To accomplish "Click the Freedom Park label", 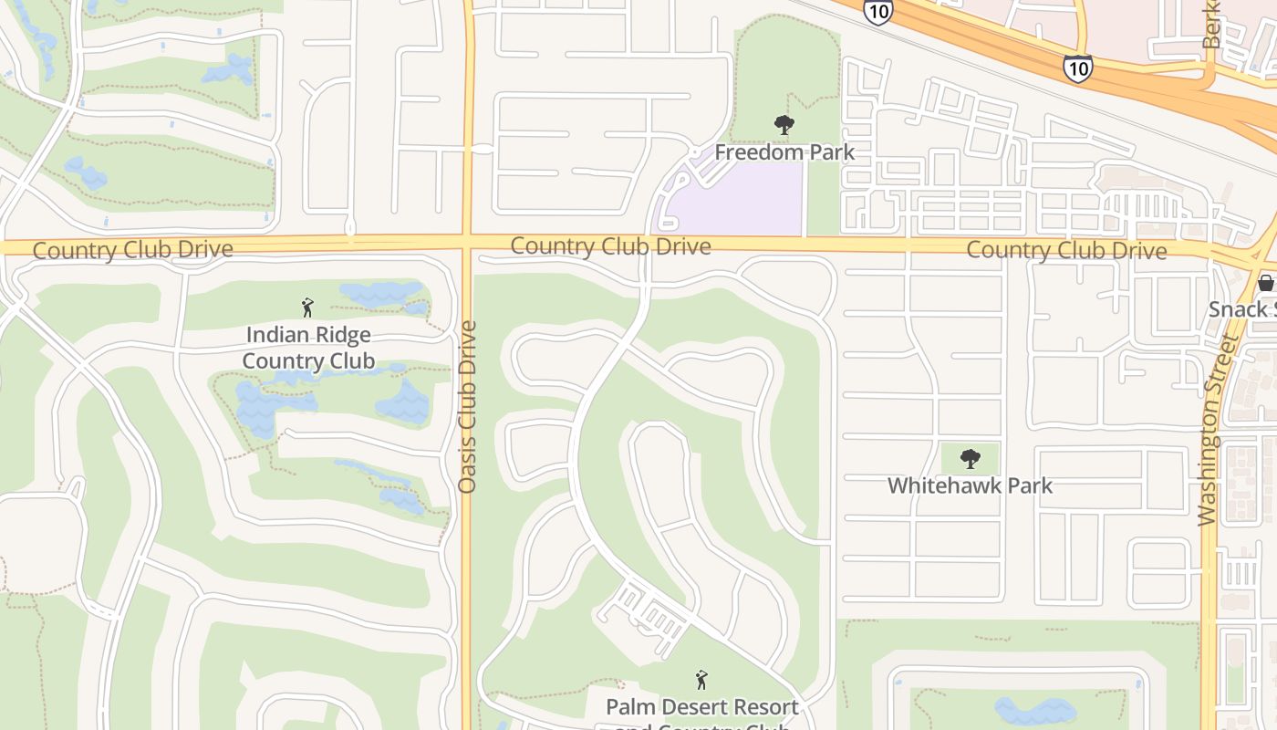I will coord(784,151).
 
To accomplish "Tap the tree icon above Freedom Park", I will coord(784,125).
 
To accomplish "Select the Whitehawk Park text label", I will coord(970,485).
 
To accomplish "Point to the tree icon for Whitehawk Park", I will coord(971,458).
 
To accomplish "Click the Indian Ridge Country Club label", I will coord(308,348).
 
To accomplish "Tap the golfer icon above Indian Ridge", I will coord(307,308).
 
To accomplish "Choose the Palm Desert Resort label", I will coord(702,707).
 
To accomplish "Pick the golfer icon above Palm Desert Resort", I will coord(701,680).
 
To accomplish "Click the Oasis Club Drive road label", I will coord(468,407).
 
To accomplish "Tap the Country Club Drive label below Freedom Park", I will coord(610,245).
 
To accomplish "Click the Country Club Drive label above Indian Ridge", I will coord(133,249).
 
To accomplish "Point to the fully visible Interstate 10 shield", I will coord(1077,68).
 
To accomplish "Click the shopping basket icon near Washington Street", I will coord(1266,283).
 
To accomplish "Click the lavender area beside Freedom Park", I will coord(739,201).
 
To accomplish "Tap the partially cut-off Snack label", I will coord(1241,308).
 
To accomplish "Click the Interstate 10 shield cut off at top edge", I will coord(877,11).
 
